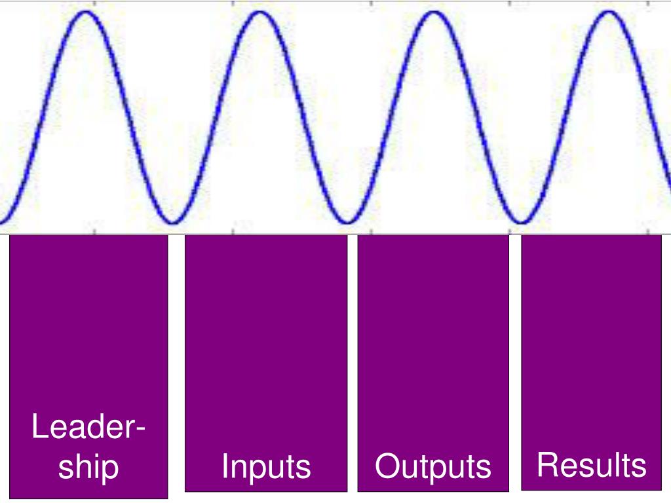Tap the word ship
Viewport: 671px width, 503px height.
tap(88, 467)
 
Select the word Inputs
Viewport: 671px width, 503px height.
tap(266, 467)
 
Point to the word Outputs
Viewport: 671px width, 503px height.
tap(433, 467)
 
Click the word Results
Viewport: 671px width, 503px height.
tap(591, 466)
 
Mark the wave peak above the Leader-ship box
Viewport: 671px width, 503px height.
tap(85, 13)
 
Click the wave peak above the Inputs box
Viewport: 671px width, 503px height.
tap(259, 13)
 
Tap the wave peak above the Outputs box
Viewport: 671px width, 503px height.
tap(433, 13)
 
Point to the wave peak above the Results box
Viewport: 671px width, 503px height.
tap(608, 13)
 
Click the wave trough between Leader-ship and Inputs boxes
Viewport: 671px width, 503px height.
tap(172, 222)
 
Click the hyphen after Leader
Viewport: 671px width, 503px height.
tap(140, 431)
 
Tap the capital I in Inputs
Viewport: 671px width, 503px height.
tap(224, 466)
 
